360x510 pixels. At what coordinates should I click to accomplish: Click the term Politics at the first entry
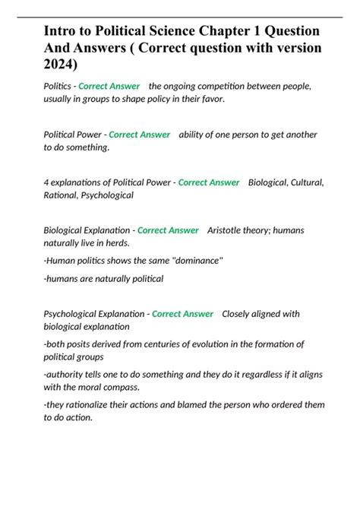58,86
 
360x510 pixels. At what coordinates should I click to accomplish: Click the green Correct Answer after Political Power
139,135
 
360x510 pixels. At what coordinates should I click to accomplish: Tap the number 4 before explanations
46,182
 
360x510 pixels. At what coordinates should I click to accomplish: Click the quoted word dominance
198,261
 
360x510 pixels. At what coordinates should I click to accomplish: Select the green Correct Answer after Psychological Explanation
182,314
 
